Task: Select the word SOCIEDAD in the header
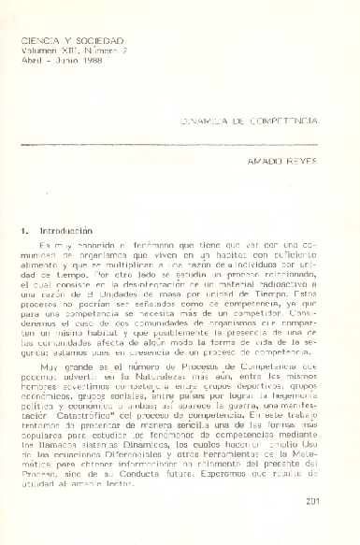click(102, 43)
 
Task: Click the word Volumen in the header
click(40, 52)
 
